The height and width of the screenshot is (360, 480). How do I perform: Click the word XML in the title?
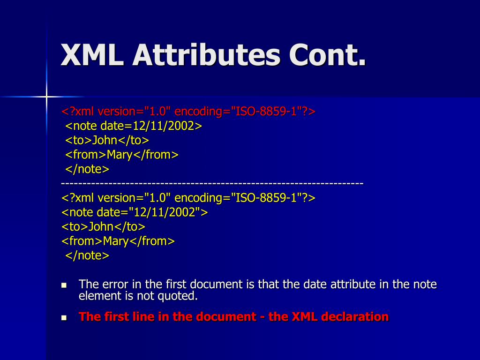(92, 55)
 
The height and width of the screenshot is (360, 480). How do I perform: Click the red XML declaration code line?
(188, 112)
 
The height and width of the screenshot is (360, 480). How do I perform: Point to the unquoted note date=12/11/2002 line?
(133, 126)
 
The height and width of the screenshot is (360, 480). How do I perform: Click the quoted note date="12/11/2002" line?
(135, 212)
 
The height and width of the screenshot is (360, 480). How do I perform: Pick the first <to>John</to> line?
(107, 140)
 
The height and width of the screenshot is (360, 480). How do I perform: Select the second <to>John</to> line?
(103, 227)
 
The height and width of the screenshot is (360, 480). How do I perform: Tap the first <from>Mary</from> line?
(122, 155)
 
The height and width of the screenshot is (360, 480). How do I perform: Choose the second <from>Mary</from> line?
(118, 241)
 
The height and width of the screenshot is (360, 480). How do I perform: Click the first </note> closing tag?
(87, 169)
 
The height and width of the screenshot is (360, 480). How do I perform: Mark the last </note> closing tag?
(87, 255)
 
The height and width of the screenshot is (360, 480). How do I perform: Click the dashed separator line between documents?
(212, 183)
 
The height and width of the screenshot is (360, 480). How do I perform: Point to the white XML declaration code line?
(188, 198)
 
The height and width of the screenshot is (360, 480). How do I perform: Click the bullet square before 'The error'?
(65, 285)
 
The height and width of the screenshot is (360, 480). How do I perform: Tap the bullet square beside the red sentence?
(65, 317)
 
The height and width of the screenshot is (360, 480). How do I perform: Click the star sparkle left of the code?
(46, 97)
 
